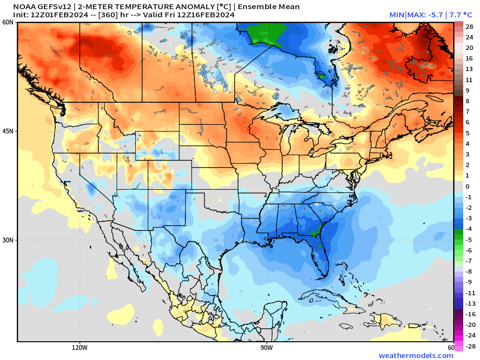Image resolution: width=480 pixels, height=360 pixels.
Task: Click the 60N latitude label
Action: coord(7,23)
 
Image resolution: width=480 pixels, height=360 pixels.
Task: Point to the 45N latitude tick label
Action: coord(7,131)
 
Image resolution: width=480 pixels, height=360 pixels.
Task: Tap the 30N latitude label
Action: coord(7,240)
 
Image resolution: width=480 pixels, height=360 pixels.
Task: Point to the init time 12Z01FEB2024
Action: coord(59,15)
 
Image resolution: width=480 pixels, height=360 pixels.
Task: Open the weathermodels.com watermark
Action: coord(416,356)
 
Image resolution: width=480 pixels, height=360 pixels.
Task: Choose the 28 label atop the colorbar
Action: coord(469,27)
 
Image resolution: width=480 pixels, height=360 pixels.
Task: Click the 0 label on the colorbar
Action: coord(468,186)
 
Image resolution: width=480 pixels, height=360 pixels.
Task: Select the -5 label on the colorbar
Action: coord(468,240)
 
